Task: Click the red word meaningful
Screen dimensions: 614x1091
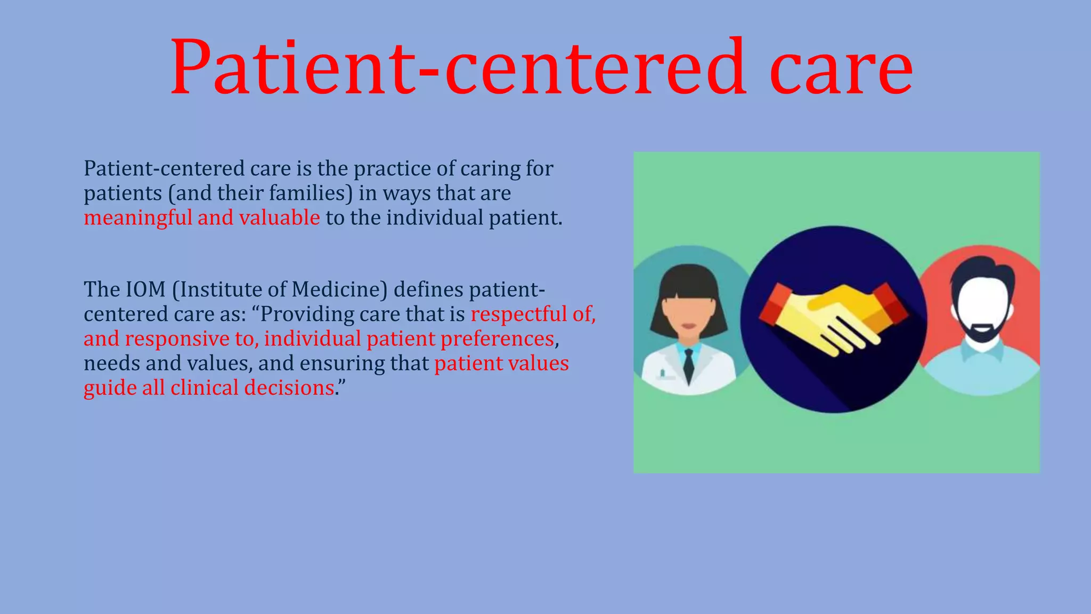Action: click(x=138, y=218)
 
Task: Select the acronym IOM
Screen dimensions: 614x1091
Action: click(x=145, y=289)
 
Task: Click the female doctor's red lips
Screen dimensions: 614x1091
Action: click(x=689, y=326)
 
